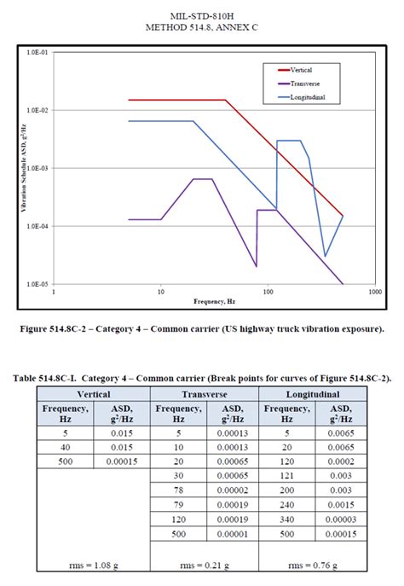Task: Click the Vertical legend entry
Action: click(x=300, y=69)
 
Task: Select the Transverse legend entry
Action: click(x=303, y=83)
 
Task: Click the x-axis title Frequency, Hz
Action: click(x=213, y=302)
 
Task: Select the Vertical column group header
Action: click(x=93, y=395)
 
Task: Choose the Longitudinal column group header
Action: click(x=313, y=395)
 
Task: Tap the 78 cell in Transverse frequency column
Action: click(x=179, y=492)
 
